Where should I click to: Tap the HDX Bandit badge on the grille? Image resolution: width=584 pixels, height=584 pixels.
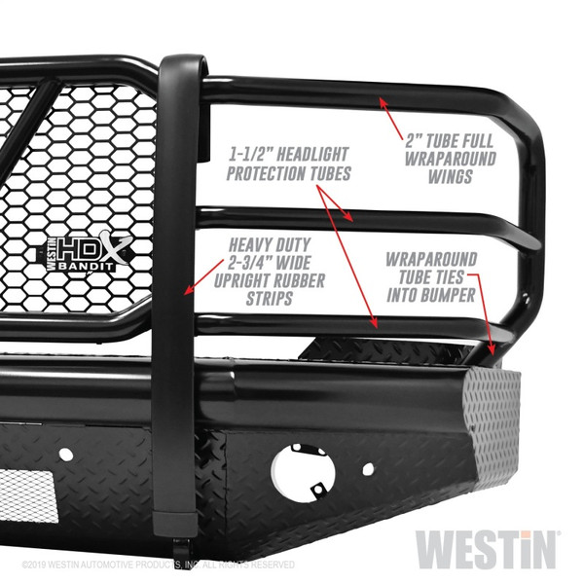91,254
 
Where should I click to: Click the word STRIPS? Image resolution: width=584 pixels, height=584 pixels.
272,300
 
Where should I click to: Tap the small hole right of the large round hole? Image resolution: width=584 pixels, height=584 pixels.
367,468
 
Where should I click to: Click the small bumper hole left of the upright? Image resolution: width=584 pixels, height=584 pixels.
65,454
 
